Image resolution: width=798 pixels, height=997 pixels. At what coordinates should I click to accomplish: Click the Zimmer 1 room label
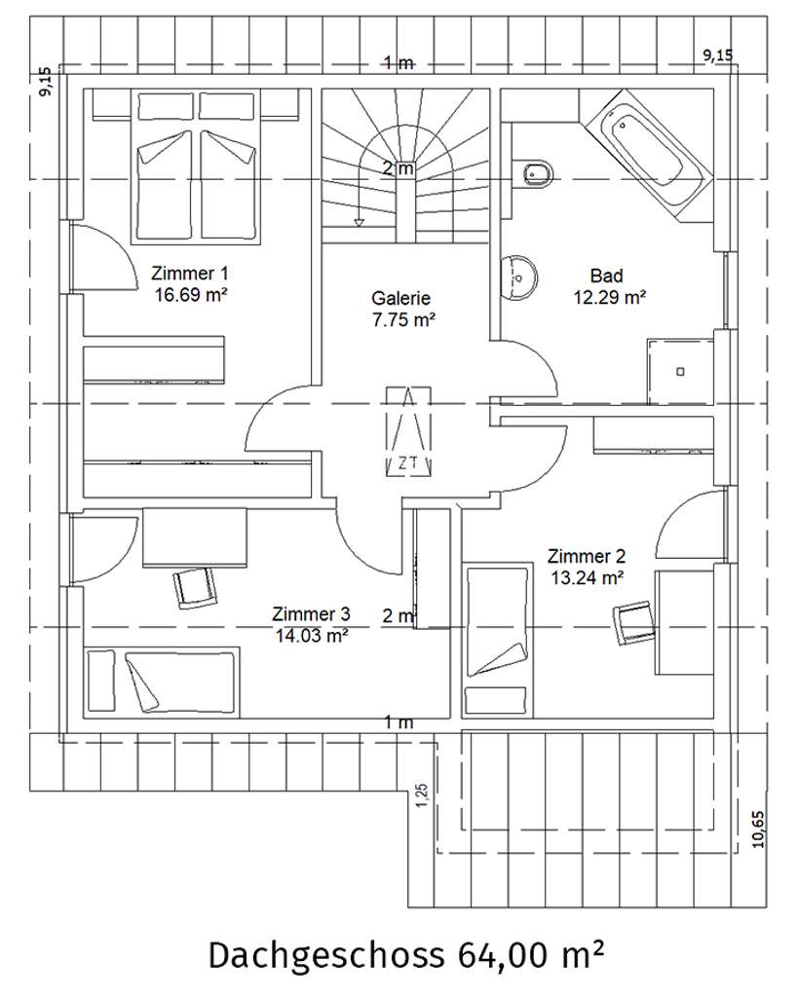[x=190, y=283]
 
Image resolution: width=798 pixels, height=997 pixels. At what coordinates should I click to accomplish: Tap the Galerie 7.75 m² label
[x=402, y=309]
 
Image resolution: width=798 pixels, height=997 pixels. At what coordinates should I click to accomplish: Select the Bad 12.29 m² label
[x=609, y=286]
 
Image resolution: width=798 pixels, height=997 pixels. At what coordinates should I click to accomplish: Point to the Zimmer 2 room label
[x=587, y=567]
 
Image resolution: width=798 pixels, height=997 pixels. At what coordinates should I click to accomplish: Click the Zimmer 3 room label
[x=311, y=624]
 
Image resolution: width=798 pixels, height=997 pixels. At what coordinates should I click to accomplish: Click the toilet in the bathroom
[x=537, y=173]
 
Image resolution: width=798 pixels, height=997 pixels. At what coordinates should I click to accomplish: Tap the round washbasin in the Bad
[x=519, y=277]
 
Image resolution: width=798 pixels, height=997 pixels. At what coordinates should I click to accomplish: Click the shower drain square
[x=680, y=371]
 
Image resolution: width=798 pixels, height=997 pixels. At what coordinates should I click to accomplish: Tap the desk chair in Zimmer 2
[x=633, y=623]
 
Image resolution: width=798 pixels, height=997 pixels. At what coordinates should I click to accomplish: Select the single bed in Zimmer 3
[x=162, y=682]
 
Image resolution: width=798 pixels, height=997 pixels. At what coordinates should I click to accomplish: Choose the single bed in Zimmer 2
[x=498, y=639]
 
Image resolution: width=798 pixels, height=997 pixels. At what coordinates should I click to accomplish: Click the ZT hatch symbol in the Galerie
[x=409, y=432]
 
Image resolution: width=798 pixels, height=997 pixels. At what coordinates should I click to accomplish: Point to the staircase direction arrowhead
[x=359, y=223]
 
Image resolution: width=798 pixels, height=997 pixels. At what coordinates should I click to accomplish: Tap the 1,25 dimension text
[x=422, y=795]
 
